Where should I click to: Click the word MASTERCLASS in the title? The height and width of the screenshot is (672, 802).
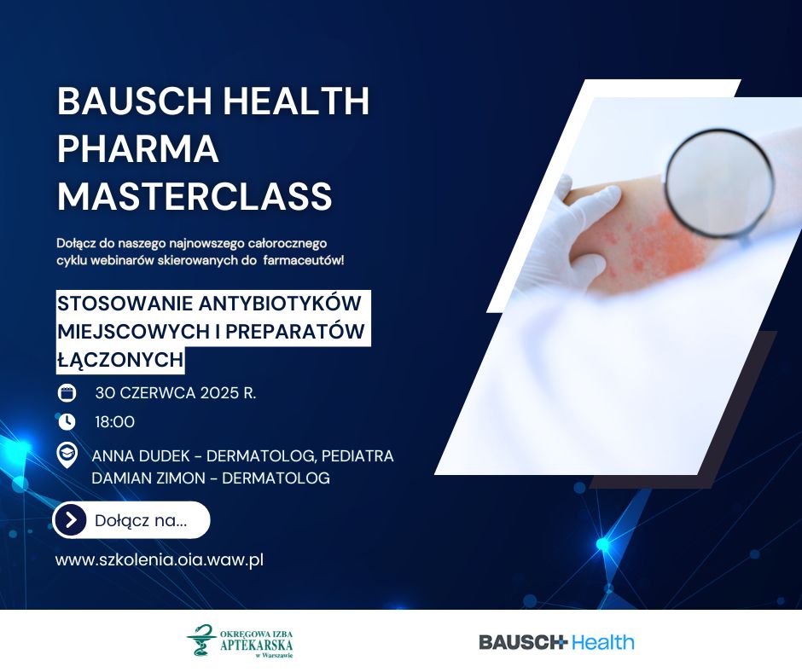tap(195, 196)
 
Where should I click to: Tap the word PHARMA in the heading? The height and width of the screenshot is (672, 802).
tap(138, 149)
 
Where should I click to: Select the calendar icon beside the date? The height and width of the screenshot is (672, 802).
tap(67, 393)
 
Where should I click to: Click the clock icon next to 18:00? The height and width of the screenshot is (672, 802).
tap(67, 422)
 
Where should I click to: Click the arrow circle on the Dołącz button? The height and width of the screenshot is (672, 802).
tap(71, 520)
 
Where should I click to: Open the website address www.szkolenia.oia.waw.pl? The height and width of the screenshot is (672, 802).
tap(160, 559)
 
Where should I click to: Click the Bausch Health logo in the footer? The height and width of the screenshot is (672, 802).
tap(556, 642)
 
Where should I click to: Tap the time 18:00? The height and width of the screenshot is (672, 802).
tap(115, 422)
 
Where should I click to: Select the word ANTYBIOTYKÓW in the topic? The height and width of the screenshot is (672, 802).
tap(280, 304)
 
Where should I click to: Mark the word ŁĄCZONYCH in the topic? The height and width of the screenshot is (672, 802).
tap(120, 360)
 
